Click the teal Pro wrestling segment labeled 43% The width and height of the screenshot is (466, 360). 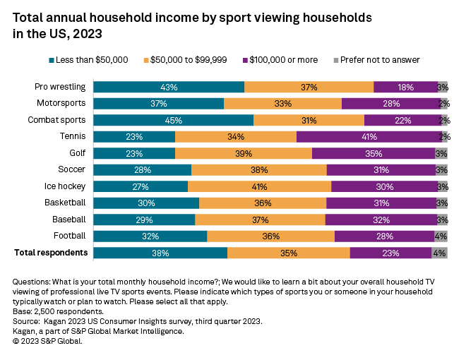pyautogui.click(x=169, y=87)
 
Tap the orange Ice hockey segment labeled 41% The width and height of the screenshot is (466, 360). pyautogui.click(x=259, y=186)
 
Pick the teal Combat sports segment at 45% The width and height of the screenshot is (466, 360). pyautogui.click(x=173, y=120)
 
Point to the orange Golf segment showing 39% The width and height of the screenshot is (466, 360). pyautogui.click(x=243, y=153)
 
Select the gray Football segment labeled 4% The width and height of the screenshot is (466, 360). pyautogui.click(x=441, y=236)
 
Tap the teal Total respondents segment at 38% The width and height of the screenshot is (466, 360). pyautogui.click(x=160, y=253)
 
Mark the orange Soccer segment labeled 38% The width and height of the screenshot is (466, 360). pyautogui.click(x=258, y=170)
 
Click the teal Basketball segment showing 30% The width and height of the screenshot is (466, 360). pyautogui.click(x=146, y=203)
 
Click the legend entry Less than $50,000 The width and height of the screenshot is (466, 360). pyautogui.click(x=88, y=60)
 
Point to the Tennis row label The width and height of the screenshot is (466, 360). pyautogui.click(x=73, y=136)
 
